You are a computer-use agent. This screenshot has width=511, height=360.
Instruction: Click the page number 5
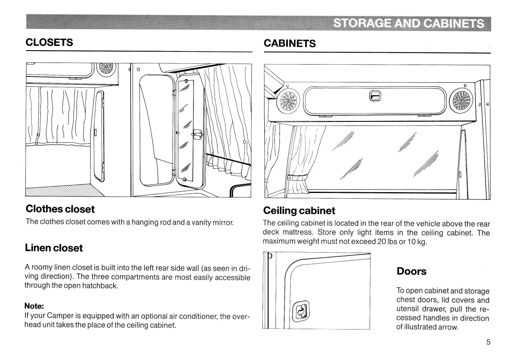[488, 342]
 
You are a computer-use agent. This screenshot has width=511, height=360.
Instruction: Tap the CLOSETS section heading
[49, 42]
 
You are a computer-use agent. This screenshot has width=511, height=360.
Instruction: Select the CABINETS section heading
[289, 44]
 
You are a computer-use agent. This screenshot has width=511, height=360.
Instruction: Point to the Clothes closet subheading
[60, 209]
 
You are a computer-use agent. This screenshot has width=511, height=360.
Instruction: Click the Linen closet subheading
[54, 248]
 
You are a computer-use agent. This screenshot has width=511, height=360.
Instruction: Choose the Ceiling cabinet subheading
[299, 211]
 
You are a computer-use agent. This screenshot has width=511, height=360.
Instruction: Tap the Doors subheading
[411, 272]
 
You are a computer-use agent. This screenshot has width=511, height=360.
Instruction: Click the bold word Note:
[34, 306]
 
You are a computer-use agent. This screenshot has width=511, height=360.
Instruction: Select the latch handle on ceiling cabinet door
[374, 96]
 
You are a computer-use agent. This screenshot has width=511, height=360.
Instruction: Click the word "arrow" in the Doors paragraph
[448, 327]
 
